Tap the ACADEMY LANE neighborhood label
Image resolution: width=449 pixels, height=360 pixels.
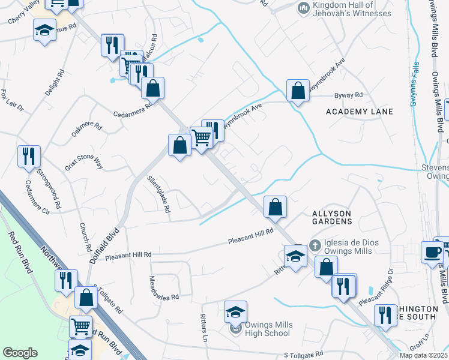tap(360, 112)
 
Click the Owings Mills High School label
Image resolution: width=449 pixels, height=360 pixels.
tap(268, 329)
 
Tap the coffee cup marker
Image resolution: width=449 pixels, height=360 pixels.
tap(432, 252)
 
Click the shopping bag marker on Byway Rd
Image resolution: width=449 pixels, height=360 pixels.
tap(298, 91)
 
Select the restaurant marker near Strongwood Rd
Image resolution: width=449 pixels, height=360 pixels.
tap(29, 157)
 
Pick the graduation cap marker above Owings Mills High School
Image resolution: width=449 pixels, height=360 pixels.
tap(235, 312)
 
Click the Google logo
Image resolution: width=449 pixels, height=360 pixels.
tap(20, 353)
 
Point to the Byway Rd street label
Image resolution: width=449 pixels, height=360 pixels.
tap(349, 95)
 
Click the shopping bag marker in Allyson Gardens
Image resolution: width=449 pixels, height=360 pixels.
tap(274, 208)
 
